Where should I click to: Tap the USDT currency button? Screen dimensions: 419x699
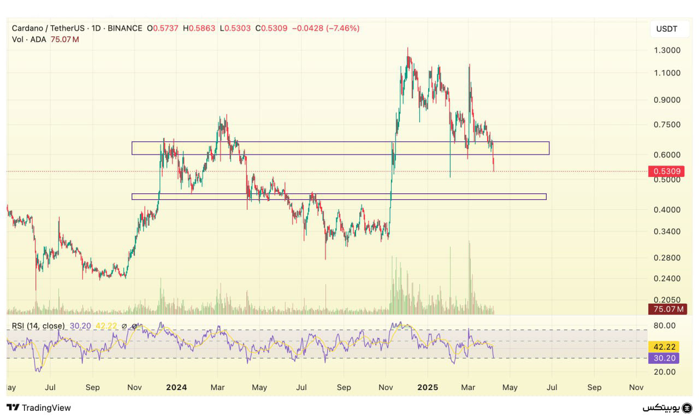667,29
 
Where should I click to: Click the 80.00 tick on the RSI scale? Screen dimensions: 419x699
665,326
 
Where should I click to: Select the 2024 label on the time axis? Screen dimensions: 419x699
176,387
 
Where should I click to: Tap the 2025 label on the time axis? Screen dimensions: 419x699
428,387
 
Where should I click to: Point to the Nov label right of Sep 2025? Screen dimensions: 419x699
636,387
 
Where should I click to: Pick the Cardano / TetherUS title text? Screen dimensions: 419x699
49,28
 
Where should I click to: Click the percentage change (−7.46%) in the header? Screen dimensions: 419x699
342,28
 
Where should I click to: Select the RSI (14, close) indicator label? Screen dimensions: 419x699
38,326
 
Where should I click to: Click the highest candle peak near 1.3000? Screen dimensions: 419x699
407,48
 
